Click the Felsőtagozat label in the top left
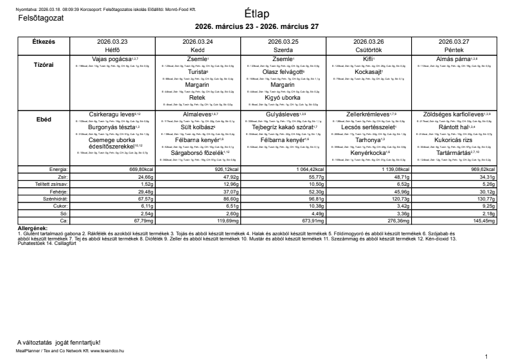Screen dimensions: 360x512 (x=42, y=19)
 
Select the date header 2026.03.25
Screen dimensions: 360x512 (x=283, y=41)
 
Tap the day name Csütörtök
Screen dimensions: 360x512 (x=368, y=49)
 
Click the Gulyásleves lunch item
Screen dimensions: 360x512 (x=281, y=114)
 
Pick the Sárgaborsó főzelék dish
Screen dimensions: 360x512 (x=196, y=152)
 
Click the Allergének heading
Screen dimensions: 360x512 (x=31, y=228)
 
